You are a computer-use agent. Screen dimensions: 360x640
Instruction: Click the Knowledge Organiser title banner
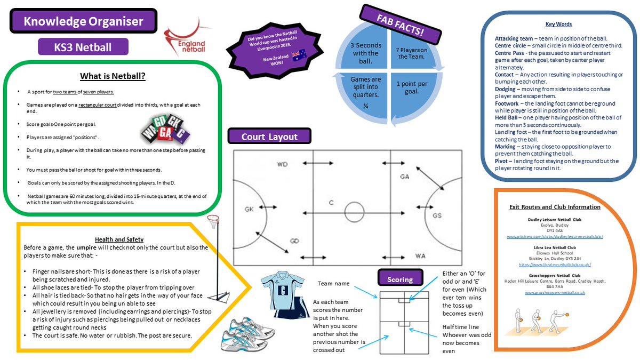pyautogui.click(x=84, y=22)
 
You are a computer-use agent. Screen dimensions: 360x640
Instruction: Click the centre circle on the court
pyautogui.click(x=353, y=210)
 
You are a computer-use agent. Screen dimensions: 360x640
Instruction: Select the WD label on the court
pyautogui.click(x=282, y=164)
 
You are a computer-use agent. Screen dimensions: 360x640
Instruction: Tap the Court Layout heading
pyautogui.click(x=270, y=136)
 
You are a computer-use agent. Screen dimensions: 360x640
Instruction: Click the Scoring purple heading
pyautogui.click(x=400, y=279)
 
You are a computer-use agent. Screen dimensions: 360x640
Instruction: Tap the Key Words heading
pyautogui.click(x=558, y=24)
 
